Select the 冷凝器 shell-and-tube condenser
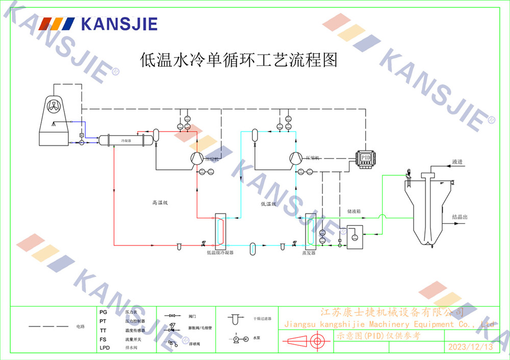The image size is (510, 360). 125,140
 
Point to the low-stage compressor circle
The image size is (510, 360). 296,158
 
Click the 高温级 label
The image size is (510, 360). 160,203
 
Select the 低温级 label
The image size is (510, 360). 268,204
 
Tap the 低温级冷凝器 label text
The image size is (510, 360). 220,252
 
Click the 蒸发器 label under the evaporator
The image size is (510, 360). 309,252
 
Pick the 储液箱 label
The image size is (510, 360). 354,210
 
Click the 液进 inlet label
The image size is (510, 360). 457,162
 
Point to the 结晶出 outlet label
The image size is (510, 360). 460,217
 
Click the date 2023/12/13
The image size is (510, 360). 470,347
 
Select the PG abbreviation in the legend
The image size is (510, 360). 104,312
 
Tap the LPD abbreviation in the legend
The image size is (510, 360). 105,348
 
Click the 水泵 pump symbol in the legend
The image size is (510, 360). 239,339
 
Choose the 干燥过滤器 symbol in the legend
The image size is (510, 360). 235,320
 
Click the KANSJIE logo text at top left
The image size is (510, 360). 119,23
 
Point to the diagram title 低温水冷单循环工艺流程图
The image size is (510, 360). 239,60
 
